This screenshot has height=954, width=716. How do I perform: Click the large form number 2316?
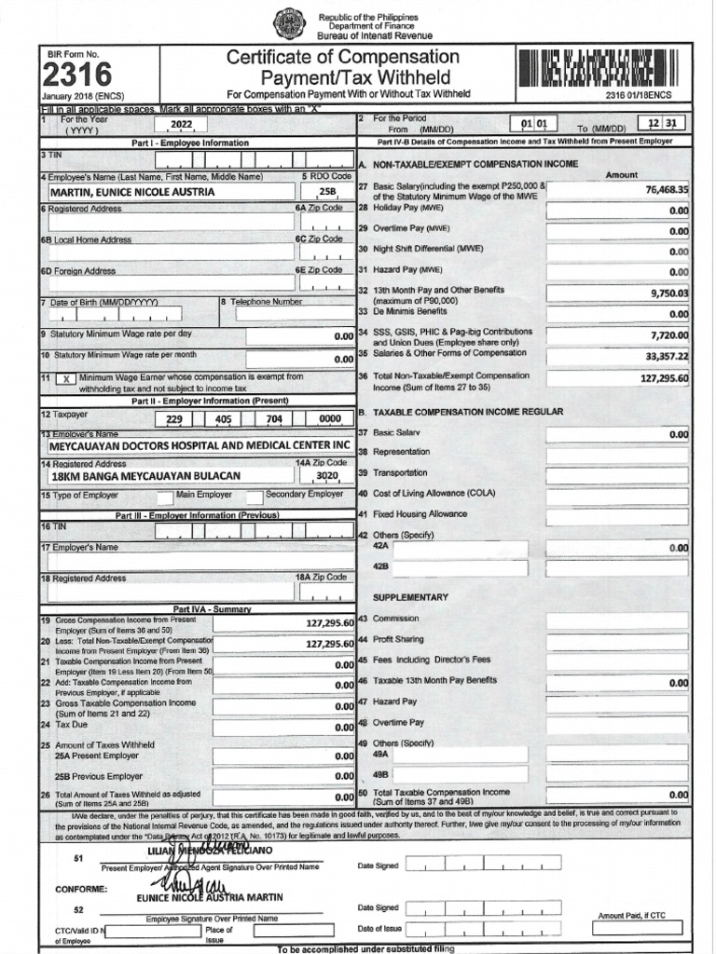76,75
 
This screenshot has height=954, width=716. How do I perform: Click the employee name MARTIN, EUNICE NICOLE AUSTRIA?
132,192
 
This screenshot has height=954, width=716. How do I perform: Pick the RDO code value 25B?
326,192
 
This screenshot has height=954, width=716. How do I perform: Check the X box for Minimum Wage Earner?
64,379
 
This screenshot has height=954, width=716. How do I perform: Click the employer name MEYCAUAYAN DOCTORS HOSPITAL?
200,445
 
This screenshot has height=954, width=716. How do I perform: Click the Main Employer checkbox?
165,496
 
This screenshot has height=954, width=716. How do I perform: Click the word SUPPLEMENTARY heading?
410,597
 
